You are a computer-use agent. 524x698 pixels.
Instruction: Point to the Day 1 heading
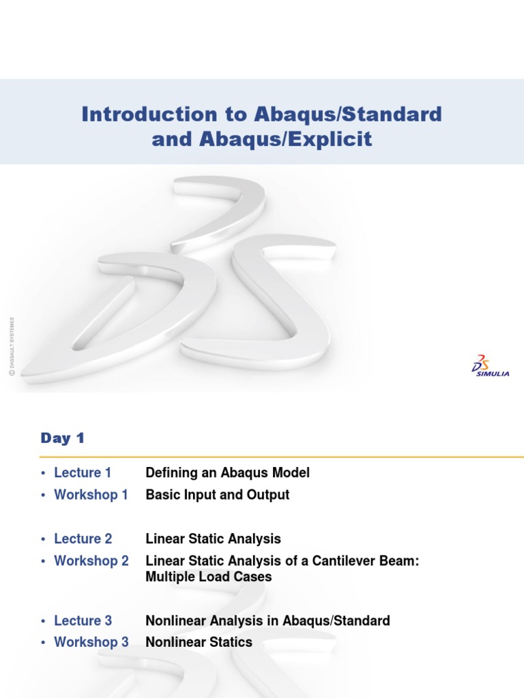coord(62,438)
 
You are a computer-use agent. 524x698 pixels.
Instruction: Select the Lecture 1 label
coord(83,473)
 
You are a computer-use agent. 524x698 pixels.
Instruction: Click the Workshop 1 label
coord(91,495)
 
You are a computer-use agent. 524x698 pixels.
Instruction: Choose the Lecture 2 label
coord(83,538)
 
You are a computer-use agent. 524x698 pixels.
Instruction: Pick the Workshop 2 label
coord(91,560)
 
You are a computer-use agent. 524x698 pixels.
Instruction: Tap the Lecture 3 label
coord(83,620)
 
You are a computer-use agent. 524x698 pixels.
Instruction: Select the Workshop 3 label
coord(91,642)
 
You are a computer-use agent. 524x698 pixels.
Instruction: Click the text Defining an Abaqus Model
coord(227,473)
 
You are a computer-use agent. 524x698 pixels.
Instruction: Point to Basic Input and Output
coord(217,495)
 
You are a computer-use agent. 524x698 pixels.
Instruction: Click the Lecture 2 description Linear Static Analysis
coord(213,538)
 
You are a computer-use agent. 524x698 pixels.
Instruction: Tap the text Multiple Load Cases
coord(209,577)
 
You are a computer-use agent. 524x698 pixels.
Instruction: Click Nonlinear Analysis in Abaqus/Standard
coord(267,620)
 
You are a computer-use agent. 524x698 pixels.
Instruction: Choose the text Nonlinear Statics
coord(199,642)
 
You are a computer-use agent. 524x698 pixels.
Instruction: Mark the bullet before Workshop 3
coord(44,642)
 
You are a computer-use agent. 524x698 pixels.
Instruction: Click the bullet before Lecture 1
coord(44,473)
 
